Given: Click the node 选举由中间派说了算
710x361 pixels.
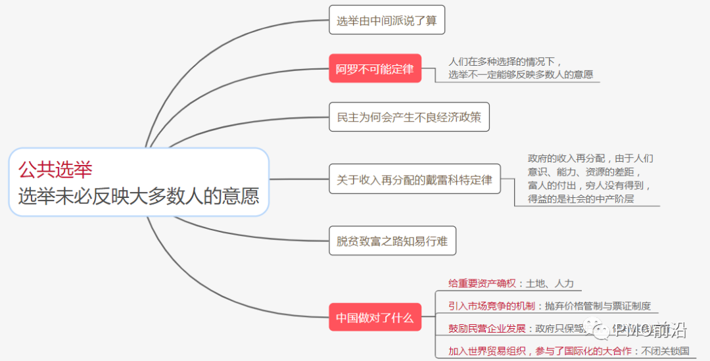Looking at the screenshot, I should click(x=387, y=20).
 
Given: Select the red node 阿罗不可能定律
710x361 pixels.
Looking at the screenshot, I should click(x=375, y=68).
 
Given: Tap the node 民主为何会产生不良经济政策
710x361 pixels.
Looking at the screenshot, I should click(x=409, y=117).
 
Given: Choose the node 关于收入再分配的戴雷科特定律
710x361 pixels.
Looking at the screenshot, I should click(x=414, y=180).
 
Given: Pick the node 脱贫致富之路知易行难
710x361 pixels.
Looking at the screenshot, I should click(x=392, y=241).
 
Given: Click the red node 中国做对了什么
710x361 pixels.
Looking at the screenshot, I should click(x=375, y=318).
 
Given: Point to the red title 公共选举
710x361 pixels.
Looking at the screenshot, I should click(x=55, y=170).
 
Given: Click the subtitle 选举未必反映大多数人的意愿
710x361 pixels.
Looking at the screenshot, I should click(x=138, y=196).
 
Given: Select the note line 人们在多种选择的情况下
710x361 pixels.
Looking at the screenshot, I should click(x=506, y=62).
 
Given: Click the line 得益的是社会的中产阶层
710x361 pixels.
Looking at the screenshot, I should click(x=580, y=199).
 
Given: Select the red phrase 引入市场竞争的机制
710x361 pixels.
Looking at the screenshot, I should click(x=492, y=306).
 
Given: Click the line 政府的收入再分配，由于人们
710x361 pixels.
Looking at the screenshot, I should click(x=590, y=158).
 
